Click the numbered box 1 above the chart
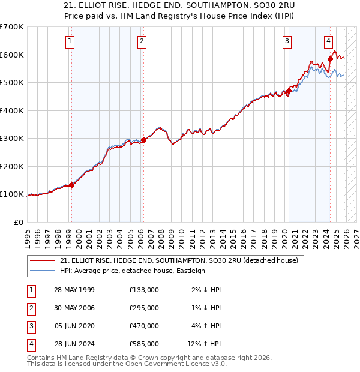(70, 41)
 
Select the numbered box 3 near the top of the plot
(287, 41)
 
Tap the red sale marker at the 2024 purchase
(330, 59)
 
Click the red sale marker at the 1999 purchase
(71, 185)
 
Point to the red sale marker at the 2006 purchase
(143, 140)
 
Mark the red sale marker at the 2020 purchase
(289, 91)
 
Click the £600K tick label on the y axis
(11, 55)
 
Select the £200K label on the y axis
(11, 166)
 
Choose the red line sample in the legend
(43, 260)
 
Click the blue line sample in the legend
(43, 271)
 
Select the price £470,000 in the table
(144, 326)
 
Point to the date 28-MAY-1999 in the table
(74, 290)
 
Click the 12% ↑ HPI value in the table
(204, 344)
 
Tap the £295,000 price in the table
(144, 308)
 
